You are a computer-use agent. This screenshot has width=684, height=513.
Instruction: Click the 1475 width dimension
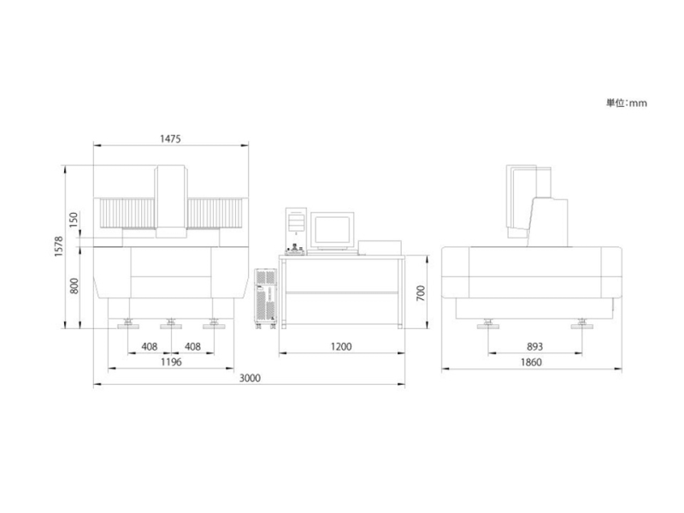170,139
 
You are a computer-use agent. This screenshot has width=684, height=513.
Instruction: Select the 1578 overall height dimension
59,246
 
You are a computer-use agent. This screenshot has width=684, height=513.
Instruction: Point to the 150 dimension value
74,220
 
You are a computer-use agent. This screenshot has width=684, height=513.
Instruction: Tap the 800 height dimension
74,286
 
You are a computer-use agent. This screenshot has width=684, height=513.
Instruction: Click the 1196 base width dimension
171,362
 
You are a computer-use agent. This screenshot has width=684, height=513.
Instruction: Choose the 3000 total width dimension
250,378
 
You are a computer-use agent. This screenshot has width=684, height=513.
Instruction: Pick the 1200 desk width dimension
340,346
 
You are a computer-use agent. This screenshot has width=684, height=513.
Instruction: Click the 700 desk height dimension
421,293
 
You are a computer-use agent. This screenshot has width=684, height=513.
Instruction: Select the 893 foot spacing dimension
535,346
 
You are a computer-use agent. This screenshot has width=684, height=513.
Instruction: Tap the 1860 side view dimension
531,362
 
